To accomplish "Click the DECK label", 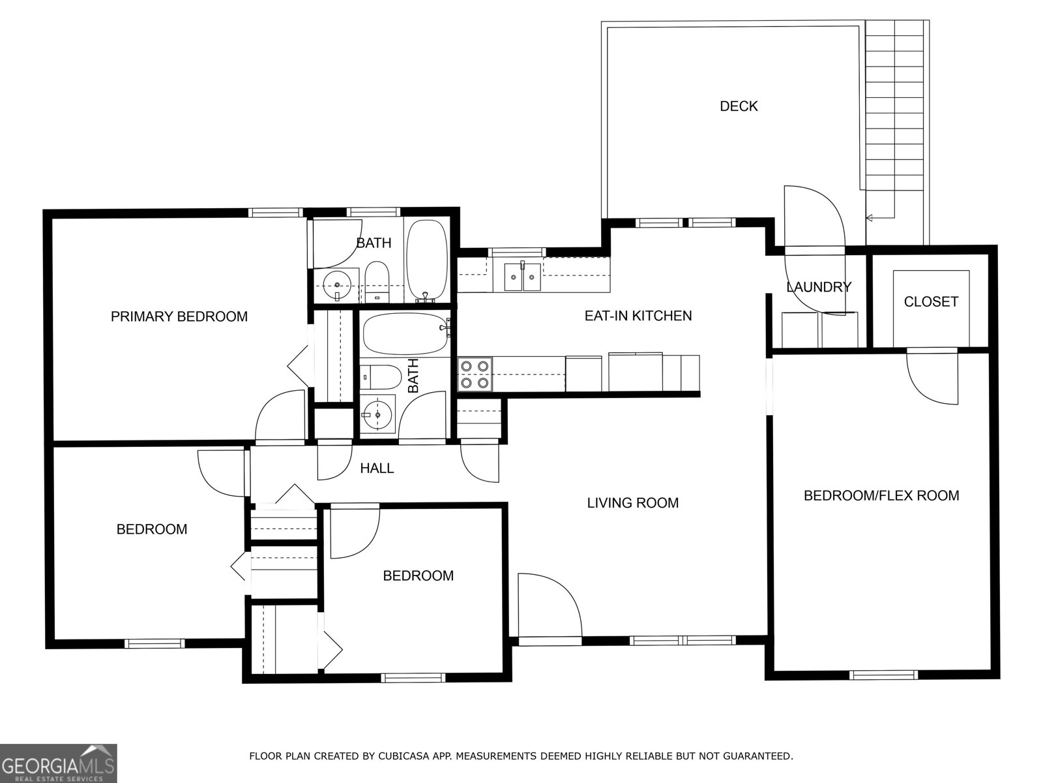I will point(739,106).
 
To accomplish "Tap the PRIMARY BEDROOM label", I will point(179,316).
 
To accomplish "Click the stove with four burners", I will point(475,374).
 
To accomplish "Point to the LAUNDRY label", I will point(818,287).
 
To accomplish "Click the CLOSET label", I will point(931,301).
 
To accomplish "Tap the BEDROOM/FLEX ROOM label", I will point(881,495).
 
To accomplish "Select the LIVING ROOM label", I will point(632,502).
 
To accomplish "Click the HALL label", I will point(377,468).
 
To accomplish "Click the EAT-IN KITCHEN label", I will point(638,316).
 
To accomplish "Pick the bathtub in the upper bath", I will point(427,260).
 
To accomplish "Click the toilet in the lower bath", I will point(381,377).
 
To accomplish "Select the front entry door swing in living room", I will point(548,604).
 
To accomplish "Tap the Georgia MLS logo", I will point(58,763).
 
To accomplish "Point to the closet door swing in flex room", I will point(931,378).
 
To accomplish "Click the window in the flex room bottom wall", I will point(884,675).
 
